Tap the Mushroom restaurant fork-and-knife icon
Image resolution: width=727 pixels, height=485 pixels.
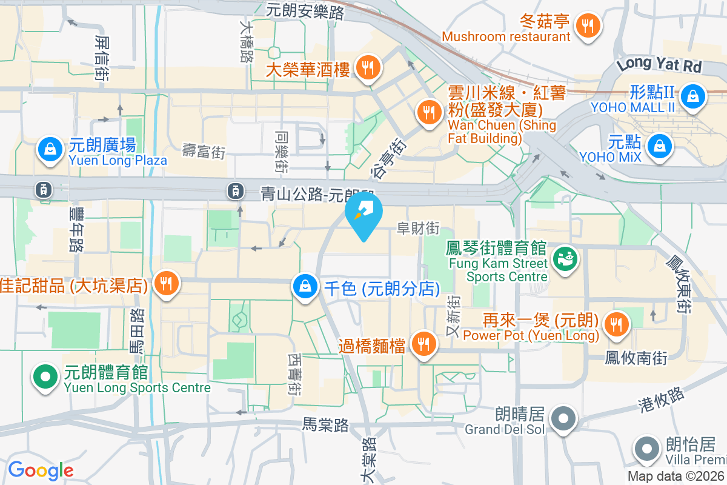586,25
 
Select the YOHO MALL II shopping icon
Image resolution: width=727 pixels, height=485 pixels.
691,96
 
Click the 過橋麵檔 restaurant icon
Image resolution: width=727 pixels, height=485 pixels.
423,344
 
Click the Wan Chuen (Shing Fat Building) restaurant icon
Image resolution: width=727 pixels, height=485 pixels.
429,112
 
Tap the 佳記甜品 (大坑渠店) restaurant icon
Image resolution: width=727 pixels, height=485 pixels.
165,283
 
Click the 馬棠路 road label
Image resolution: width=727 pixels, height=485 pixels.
325,426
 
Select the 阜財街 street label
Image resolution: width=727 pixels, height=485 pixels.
418,229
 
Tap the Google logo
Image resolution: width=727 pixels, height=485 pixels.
41,470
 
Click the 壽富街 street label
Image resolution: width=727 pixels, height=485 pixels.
204,151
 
